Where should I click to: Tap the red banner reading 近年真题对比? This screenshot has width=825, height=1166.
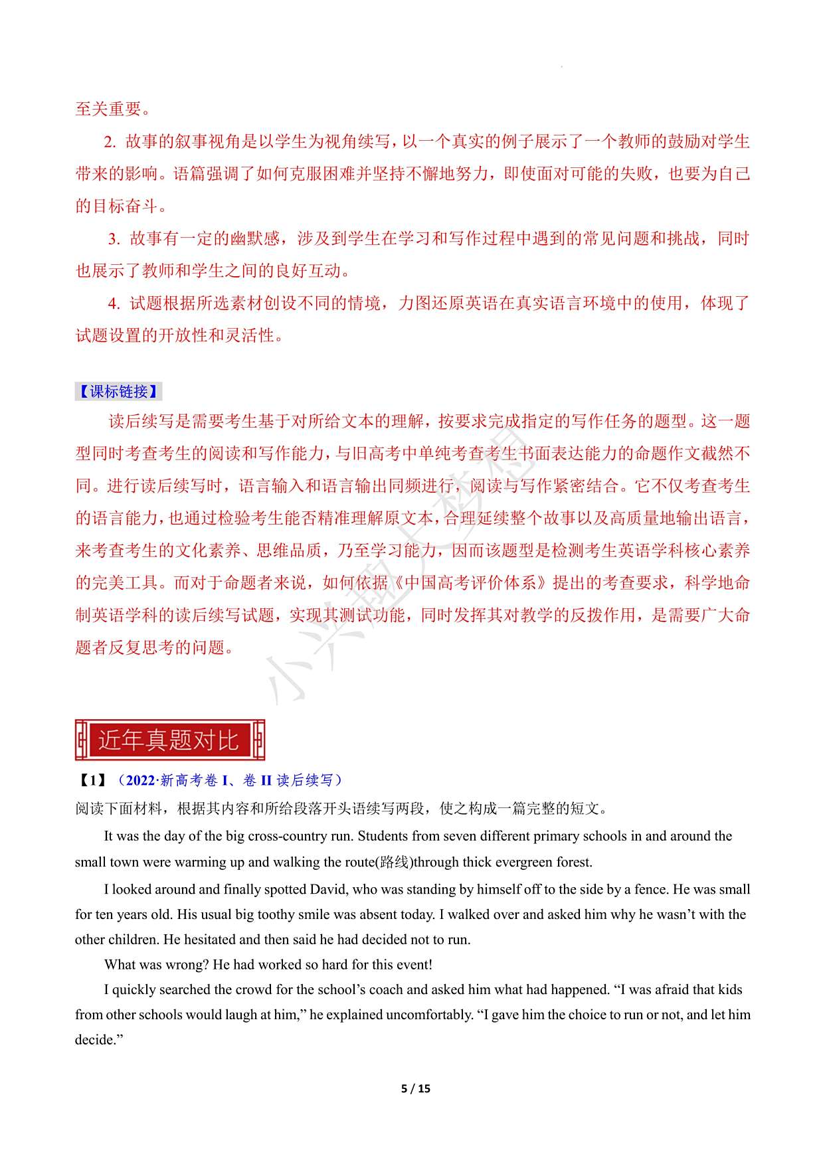click(x=169, y=740)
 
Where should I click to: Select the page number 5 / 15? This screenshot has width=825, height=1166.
click(x=416, y=1088)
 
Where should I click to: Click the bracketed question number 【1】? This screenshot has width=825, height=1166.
click(x=92, y=780)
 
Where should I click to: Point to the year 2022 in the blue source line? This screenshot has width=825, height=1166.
click(x=139, y=780)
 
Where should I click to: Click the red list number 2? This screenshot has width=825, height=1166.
click(x=110, y=141)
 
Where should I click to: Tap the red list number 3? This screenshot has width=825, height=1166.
click(x=114, y=238)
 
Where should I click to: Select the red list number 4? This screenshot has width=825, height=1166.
click(x=114, y=303)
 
